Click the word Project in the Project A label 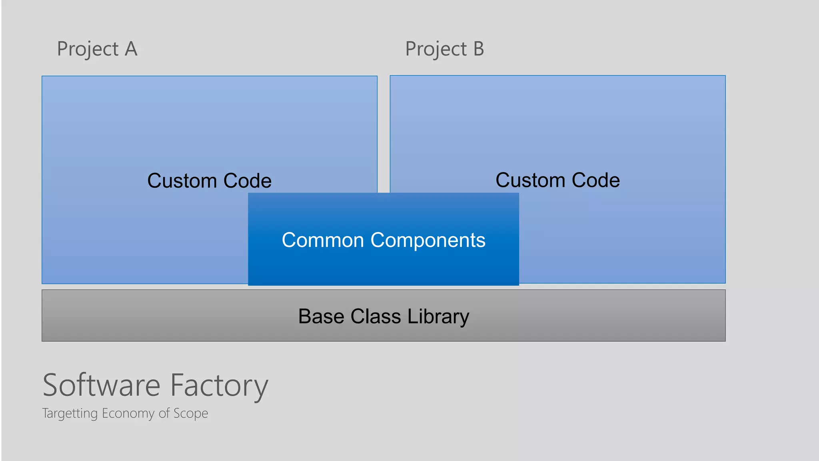[88, 50]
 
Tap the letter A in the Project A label [131, 49]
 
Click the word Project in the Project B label [436, 50]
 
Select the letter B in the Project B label [479, 49]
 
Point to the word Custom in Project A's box [182, 180]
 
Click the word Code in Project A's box [248, 180]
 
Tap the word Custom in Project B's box [530, 180]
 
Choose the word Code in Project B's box [596, 180]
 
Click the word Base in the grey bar [321, 316]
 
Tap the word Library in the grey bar [438, 317]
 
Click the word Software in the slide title [102, 385]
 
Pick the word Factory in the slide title [219, 386]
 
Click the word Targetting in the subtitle [70, 413]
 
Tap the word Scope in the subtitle [191, 413]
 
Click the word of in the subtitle [164, 413]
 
